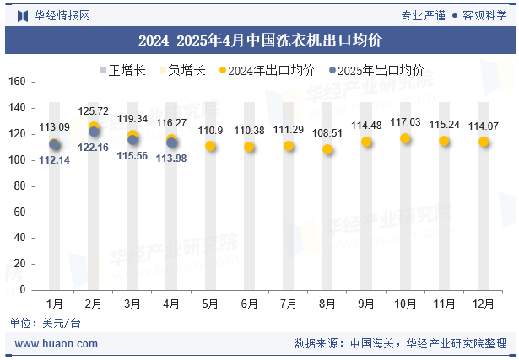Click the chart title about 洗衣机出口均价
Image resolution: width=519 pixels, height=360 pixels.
pos(259,40)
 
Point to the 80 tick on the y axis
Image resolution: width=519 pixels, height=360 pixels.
pos(22,186)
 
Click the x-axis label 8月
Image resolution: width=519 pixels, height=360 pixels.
pos(327,303)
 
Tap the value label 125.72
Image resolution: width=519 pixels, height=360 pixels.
pos(94,111)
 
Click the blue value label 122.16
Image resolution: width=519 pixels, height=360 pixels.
pos(94,148)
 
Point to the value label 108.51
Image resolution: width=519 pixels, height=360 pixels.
pos(327,133)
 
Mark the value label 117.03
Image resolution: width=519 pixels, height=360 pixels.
pos(406,122)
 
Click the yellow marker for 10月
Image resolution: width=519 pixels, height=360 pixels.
pos(406,138)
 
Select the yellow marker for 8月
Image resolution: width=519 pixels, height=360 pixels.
pos(327,149)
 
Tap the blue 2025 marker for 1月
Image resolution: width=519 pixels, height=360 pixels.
pos(55,145)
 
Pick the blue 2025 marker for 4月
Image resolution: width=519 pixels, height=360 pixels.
pos(172,142)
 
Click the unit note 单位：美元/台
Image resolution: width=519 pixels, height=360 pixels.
pos(46,323)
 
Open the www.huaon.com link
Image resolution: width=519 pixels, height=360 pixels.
pos(57,344)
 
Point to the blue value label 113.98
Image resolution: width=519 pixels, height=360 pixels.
pos(172,159)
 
